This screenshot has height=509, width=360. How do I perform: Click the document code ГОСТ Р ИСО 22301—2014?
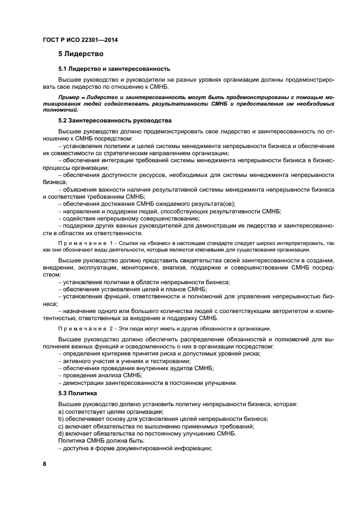(x=81, y=40)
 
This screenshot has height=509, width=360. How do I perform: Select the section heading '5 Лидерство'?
(x=81, y=54)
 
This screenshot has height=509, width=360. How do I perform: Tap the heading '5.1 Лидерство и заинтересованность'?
(x=114, y=69)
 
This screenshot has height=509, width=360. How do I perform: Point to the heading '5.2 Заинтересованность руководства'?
(x=114, y=120)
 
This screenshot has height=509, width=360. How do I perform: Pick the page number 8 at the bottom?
(x=45, y=464)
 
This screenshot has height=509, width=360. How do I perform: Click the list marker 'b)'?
(x=61, y=419)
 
